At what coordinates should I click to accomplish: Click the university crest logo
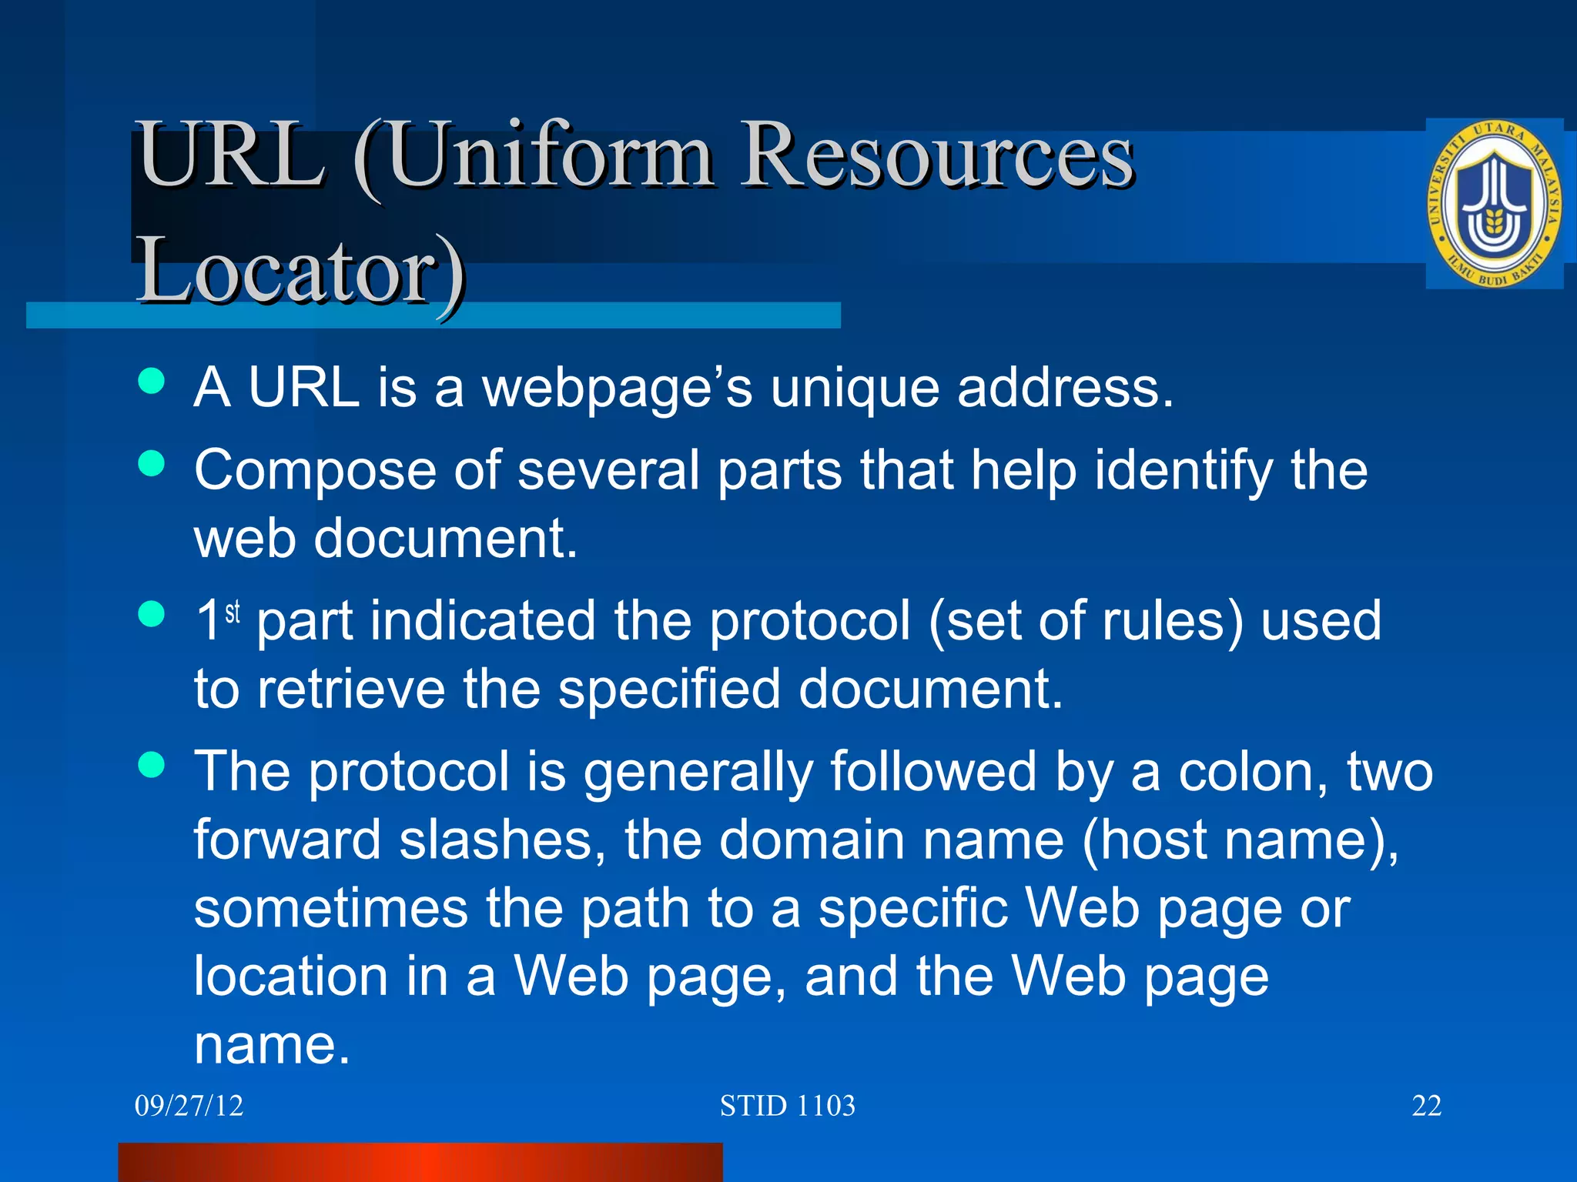coord(1493,205)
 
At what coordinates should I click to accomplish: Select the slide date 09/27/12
coord(189,1106)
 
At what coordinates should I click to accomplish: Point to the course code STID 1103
coord(787,1106)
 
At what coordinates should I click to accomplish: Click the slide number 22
coord(1426,1106)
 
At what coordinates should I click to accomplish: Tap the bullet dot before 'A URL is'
coord(152,380)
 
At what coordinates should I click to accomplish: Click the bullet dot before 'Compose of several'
coord(152,463)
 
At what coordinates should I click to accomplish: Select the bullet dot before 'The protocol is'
coord(152,764)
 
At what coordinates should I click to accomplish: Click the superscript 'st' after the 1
coord(233,613)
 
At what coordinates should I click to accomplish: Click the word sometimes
coord(330,908)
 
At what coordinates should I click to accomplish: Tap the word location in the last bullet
coord(290,976)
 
